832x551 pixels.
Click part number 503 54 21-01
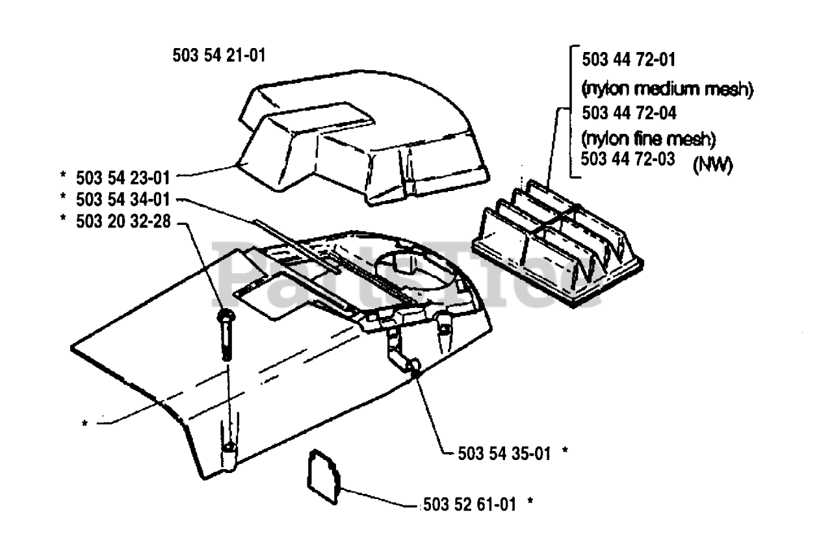pos(219,56)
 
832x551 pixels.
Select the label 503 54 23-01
pos(123,177)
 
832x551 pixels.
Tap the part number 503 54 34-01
pos(123,199)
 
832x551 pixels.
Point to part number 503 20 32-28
pos(123,222)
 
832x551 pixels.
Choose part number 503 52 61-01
pos(469,504)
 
